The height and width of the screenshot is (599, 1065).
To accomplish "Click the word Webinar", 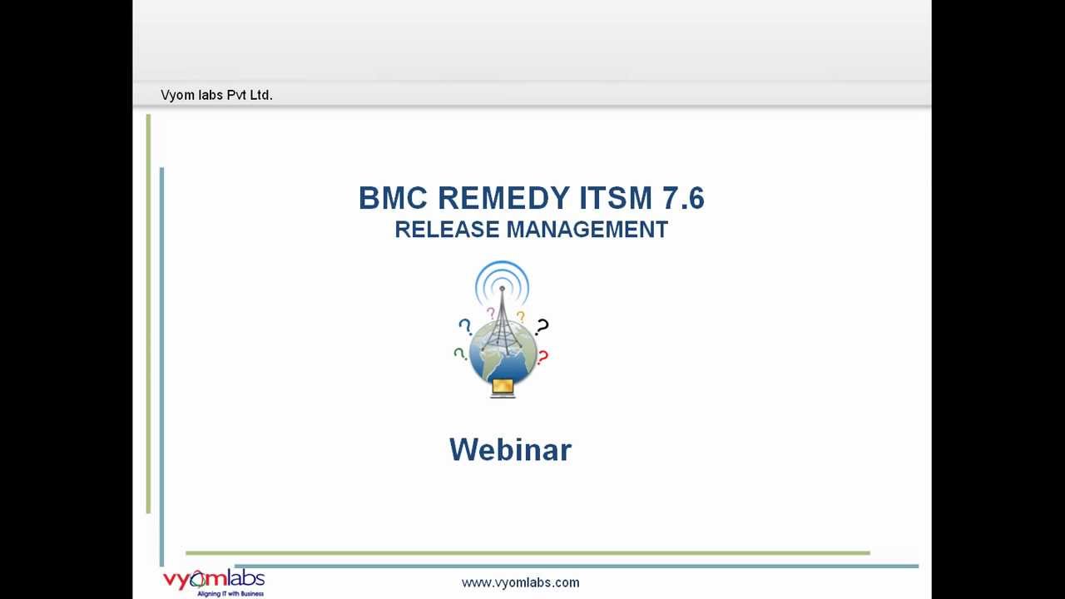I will coord(510,450).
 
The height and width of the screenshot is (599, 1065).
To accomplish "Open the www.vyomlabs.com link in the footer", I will coord(520,582).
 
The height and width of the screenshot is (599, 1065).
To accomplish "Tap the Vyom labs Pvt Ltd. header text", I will coord(216,95).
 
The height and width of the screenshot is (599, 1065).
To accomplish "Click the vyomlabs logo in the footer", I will coord(213,578).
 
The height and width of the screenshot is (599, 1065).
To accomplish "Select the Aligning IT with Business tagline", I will coord(230,593).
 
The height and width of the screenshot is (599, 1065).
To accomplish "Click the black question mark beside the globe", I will coord(542,326).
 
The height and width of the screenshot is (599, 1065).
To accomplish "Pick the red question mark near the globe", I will coord(542,358).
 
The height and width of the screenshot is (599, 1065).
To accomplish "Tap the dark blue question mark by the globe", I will coord(465,327).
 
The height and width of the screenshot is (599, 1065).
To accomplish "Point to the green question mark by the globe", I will coord(458,354).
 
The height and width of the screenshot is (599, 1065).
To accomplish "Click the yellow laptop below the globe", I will coord(503,388).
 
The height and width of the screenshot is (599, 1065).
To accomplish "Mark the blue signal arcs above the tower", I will coord(502,278).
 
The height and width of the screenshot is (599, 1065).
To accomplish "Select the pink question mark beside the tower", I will coord(490,313).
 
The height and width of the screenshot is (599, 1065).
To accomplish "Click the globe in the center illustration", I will coord(503,354).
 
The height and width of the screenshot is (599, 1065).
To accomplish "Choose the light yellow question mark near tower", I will coord(521,316).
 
